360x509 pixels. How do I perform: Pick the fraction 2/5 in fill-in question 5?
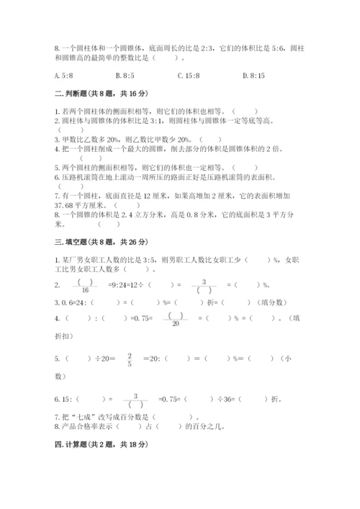tap(130, 360)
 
